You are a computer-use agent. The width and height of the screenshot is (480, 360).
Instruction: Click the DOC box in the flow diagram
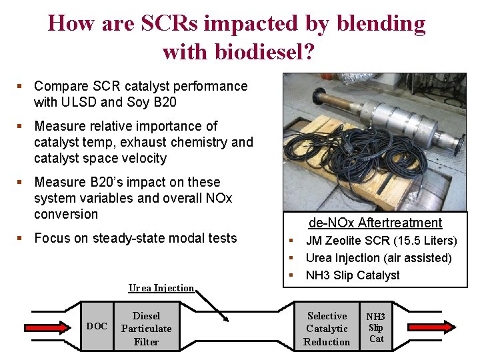tap(97, 327)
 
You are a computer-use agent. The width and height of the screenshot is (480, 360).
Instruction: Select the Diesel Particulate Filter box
tap(146, 329)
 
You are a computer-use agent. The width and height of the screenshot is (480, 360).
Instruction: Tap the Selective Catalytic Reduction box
tap(326, 329)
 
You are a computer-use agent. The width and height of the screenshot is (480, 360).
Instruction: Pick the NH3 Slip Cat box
tap(376, 328)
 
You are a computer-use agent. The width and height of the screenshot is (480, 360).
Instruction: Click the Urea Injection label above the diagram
tap(161, 288)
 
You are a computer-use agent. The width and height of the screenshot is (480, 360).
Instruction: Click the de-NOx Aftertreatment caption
tap(375, 223)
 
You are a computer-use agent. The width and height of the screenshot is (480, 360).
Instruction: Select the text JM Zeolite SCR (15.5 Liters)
tap(381, 241)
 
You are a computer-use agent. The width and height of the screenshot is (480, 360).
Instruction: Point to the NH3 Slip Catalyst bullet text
tap(352, 275)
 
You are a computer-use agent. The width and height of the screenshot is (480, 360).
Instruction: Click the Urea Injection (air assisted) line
tap(378, 258)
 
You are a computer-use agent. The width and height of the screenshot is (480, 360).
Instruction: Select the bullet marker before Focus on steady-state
tap(20, 238)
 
